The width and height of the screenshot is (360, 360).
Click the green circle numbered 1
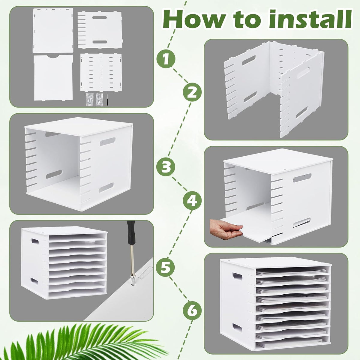[166, 59]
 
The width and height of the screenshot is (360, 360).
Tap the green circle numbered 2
[192, 92]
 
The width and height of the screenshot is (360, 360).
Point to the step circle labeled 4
[192, 200]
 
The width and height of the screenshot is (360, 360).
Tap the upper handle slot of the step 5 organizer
[35, 241]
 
